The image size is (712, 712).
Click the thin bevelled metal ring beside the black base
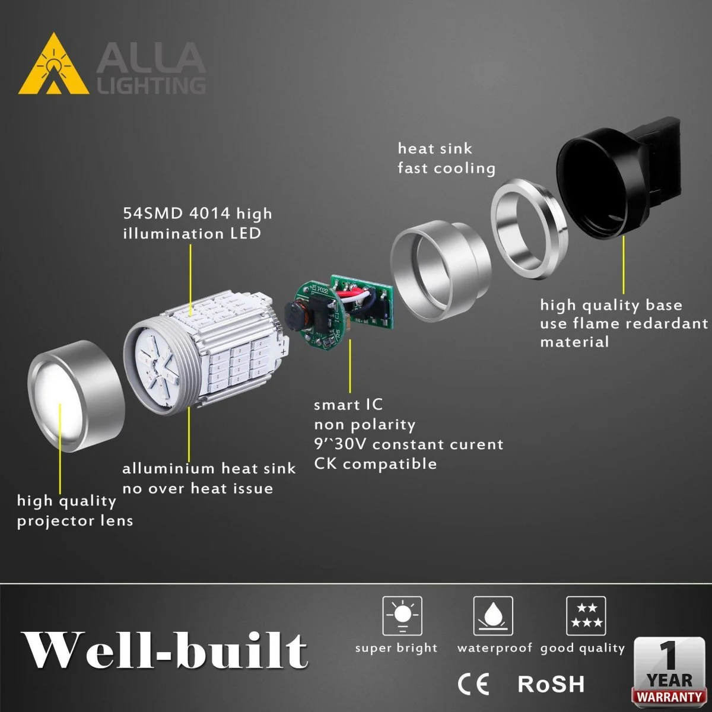pos(529,228)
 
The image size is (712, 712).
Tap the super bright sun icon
pos(402,615)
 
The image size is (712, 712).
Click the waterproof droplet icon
pos(493,615)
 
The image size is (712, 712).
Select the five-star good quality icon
pos(586,615)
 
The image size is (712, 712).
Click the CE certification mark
pos(473,684)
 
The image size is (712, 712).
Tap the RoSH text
pos(551,684)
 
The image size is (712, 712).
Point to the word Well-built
pos(164,651)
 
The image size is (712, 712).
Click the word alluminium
pos(169,468)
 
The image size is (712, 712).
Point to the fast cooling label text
pos(446,168)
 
